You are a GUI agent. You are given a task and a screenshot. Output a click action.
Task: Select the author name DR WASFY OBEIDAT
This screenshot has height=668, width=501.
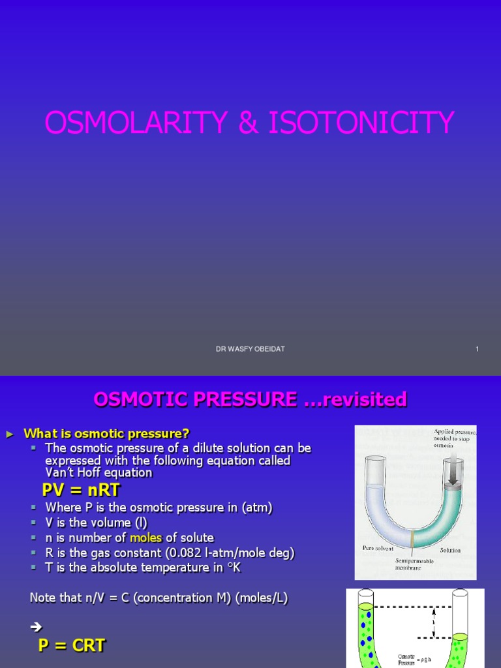250,349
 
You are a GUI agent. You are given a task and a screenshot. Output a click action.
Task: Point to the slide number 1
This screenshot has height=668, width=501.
477,349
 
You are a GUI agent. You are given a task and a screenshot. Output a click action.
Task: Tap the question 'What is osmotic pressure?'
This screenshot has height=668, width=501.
106,434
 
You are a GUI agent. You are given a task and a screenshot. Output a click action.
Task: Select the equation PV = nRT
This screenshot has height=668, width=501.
81,490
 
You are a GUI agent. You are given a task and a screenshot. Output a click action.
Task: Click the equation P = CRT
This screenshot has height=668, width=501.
71,646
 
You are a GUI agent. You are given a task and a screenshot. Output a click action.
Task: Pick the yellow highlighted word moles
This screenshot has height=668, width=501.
145,538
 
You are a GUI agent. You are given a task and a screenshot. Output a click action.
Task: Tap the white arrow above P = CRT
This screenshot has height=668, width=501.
36,628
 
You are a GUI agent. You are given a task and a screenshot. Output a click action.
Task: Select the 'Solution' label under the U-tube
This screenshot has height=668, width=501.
450,550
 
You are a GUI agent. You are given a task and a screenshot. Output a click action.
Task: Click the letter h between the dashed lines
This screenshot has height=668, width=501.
434,622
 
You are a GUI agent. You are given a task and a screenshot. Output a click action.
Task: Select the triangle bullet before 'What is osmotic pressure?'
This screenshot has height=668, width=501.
9,434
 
